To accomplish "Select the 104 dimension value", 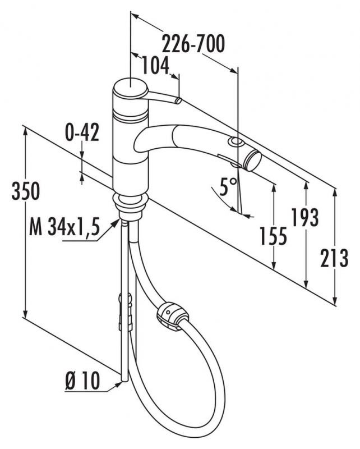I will point(155,66).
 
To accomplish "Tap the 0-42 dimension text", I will point(82,133).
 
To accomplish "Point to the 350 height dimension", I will point(26,191).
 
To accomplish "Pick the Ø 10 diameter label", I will point(82,382).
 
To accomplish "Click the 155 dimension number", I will point(273,236).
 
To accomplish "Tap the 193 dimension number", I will point(304,217).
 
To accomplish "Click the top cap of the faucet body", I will point(130,86).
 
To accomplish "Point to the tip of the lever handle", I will point(178,101).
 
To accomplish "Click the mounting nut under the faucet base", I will point(129,206).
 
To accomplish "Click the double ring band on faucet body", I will point(131,117).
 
